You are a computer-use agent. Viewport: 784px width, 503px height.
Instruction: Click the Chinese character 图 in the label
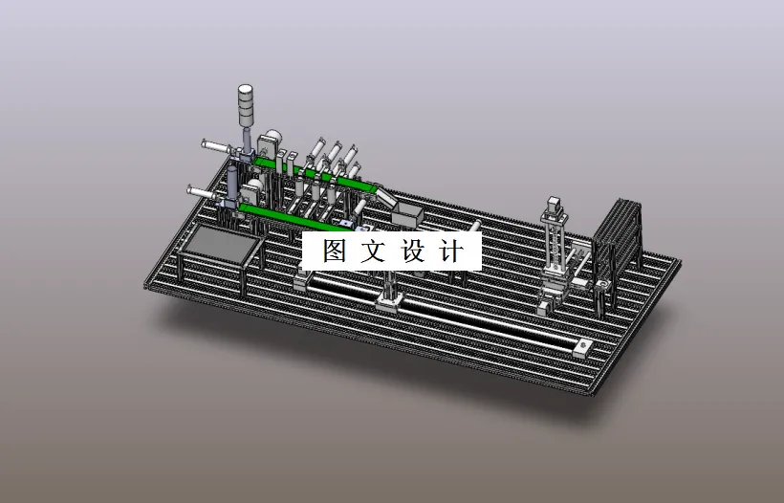[334, 251]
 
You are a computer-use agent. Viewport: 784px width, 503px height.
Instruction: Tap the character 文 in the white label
[375, 251]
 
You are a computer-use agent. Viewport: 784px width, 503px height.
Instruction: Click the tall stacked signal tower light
[247, 106]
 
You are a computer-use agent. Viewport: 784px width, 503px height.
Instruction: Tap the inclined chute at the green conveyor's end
[382, 196]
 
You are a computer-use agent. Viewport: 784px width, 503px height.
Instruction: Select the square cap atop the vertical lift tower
[554, 204]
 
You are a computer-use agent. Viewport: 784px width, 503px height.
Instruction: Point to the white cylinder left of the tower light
[217, 147]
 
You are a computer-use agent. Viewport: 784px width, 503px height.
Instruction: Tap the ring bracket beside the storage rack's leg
[602, 286]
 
